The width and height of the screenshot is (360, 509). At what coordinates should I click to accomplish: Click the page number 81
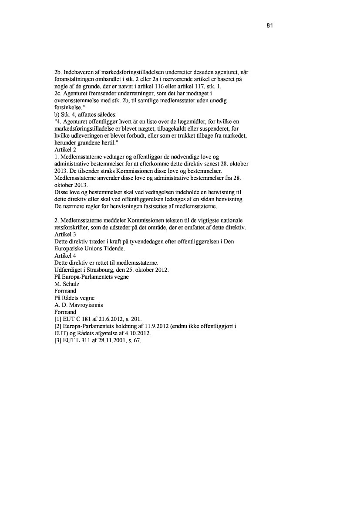tap(269, 26)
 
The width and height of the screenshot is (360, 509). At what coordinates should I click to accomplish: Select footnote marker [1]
tap(58, 319)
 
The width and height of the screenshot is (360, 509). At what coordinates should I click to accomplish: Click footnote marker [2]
tap(58, 326)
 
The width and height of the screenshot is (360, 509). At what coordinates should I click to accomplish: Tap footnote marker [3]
tap(58, 340)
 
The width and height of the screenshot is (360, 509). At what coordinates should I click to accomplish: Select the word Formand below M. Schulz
tap(65, 291)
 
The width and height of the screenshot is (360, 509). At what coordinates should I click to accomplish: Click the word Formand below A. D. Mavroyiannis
tap(65, 312)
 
